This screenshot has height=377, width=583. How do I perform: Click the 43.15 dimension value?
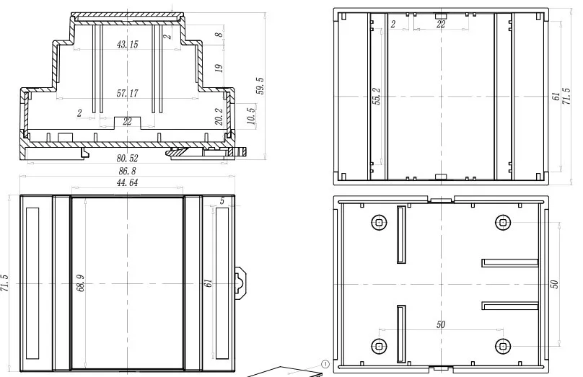[127, 45]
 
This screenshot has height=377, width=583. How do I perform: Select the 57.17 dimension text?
[127, 93]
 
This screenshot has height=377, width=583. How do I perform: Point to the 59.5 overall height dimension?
[260, 86]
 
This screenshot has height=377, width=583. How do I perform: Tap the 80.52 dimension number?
[127, 159]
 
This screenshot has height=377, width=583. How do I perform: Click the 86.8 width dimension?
[127, 171]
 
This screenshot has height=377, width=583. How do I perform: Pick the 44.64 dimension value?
[127, 182]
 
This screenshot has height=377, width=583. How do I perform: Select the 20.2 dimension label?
[219, 117]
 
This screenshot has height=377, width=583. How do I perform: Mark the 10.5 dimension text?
[251, 115]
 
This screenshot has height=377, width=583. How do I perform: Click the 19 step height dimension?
[219, 68]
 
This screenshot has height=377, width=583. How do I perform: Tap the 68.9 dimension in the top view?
[81, 283]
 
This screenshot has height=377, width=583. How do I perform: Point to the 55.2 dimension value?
[376, 96]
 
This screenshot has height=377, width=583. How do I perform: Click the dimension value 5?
[222, 201]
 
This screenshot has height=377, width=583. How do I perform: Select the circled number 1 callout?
[325, 364]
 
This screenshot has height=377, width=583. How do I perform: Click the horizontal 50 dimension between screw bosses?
[441, 324]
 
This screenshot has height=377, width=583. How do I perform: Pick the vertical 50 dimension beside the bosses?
[554, 284]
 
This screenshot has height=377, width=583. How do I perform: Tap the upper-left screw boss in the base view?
[379, 223]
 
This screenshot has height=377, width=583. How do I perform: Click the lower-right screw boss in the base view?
[503, 347]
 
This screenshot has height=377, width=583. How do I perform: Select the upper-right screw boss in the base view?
[503, 223]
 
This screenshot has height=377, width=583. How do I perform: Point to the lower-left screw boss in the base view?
[379, 347]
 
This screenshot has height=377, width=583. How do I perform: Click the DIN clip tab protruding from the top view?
[241, 283]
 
